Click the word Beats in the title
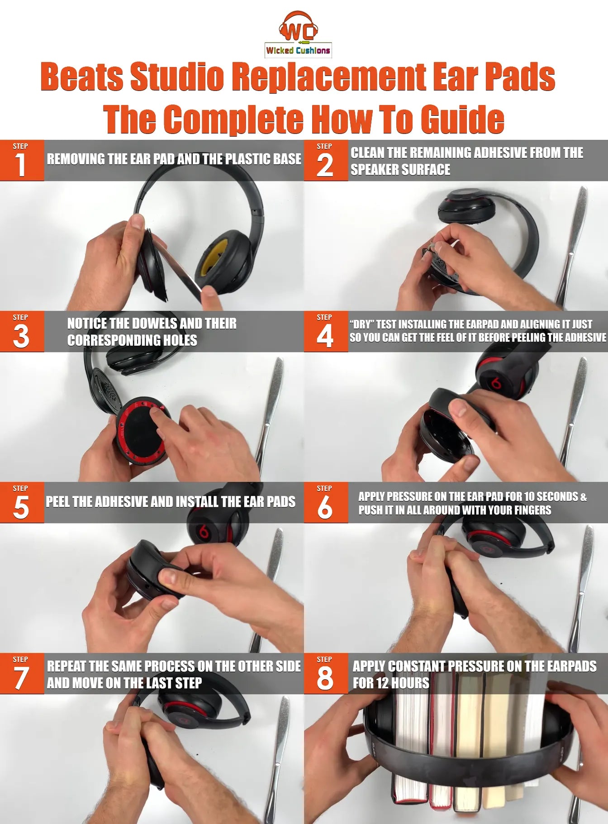(x=82, y=77)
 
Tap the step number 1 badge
(x=22, y=161)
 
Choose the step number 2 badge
(x=326, y=161)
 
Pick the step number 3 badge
(x=22, y=332)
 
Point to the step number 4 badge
(x=326, y=332)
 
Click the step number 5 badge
(x=22, y=503)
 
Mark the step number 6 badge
(x=326, y=503)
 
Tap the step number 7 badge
(x=22, y=674)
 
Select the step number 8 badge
(x=326, y=674)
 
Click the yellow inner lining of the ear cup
(x=211, y=258)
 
